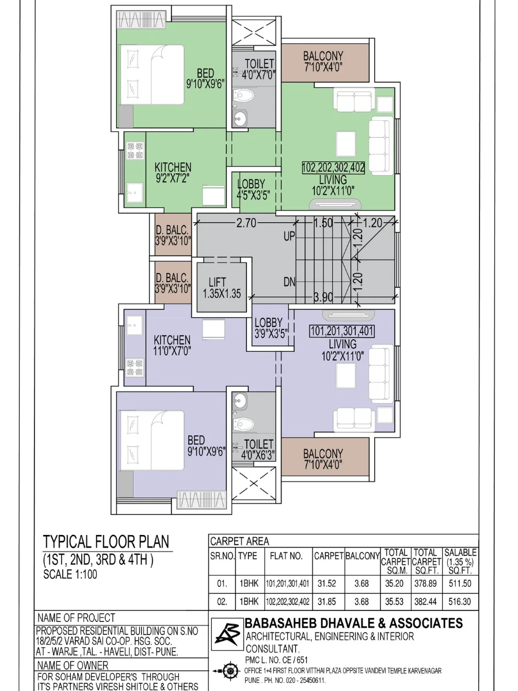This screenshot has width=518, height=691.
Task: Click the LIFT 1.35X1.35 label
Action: [222, 288]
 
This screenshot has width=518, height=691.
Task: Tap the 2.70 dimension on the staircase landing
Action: [246, 223]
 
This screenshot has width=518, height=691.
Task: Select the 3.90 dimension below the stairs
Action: [323, 297]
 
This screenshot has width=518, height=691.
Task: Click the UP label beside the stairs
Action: [290, 236]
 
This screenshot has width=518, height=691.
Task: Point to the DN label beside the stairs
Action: [290, 282]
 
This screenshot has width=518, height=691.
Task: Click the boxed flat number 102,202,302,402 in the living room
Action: [333, 168]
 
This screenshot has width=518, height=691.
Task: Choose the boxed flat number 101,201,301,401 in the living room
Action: [342, 331]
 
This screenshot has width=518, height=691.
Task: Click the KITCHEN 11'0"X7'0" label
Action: [172, 345]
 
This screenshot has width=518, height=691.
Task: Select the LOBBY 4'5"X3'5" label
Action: [253, 189]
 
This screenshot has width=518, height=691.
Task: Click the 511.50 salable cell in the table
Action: [460, 583]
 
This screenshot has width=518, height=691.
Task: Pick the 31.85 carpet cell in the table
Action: [327, 602]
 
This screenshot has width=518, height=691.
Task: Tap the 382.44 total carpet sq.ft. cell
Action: [425, 602]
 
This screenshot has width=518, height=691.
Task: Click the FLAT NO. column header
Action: [286, 556]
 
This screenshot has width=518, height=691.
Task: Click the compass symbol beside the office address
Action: [228, 671]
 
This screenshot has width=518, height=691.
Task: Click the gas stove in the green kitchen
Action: [135, 150]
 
